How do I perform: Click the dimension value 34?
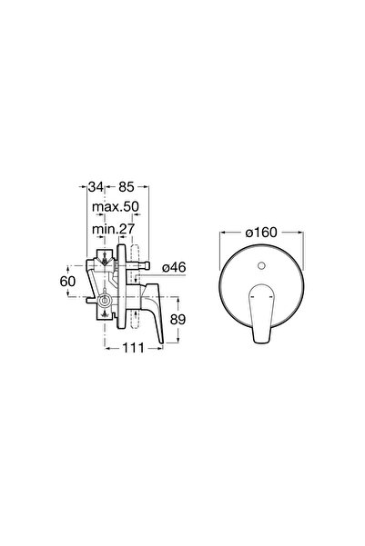(x=96, y=187)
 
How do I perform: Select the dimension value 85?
(x=126, y=187)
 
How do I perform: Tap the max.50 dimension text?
(x=116, y=207)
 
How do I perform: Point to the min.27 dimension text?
(x=113, y=229)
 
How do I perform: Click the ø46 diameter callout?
(x=174, y=267)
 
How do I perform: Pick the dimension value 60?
(x=67, y=281)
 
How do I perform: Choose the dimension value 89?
(x=177, y=319)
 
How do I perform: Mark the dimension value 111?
(x=133, y=348)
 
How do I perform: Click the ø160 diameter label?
(x=261, y=233)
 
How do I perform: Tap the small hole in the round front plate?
(x=261, y=266)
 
